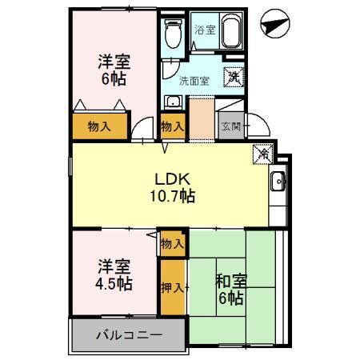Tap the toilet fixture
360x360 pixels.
pos(170,34)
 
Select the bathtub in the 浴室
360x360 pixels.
pos(232,32)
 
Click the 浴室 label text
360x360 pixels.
pos(205,30)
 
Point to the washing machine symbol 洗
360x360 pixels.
pos(233,77)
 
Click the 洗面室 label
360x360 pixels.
pos(194,81)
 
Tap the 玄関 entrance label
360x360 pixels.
pos(230,126)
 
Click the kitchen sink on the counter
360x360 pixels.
pos(277,181)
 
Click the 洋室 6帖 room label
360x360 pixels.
pos(114,69)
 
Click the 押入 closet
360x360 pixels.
pos(172,286)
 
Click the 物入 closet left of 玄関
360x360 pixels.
pos(172,126)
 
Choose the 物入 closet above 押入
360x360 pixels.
pos(172,242)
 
